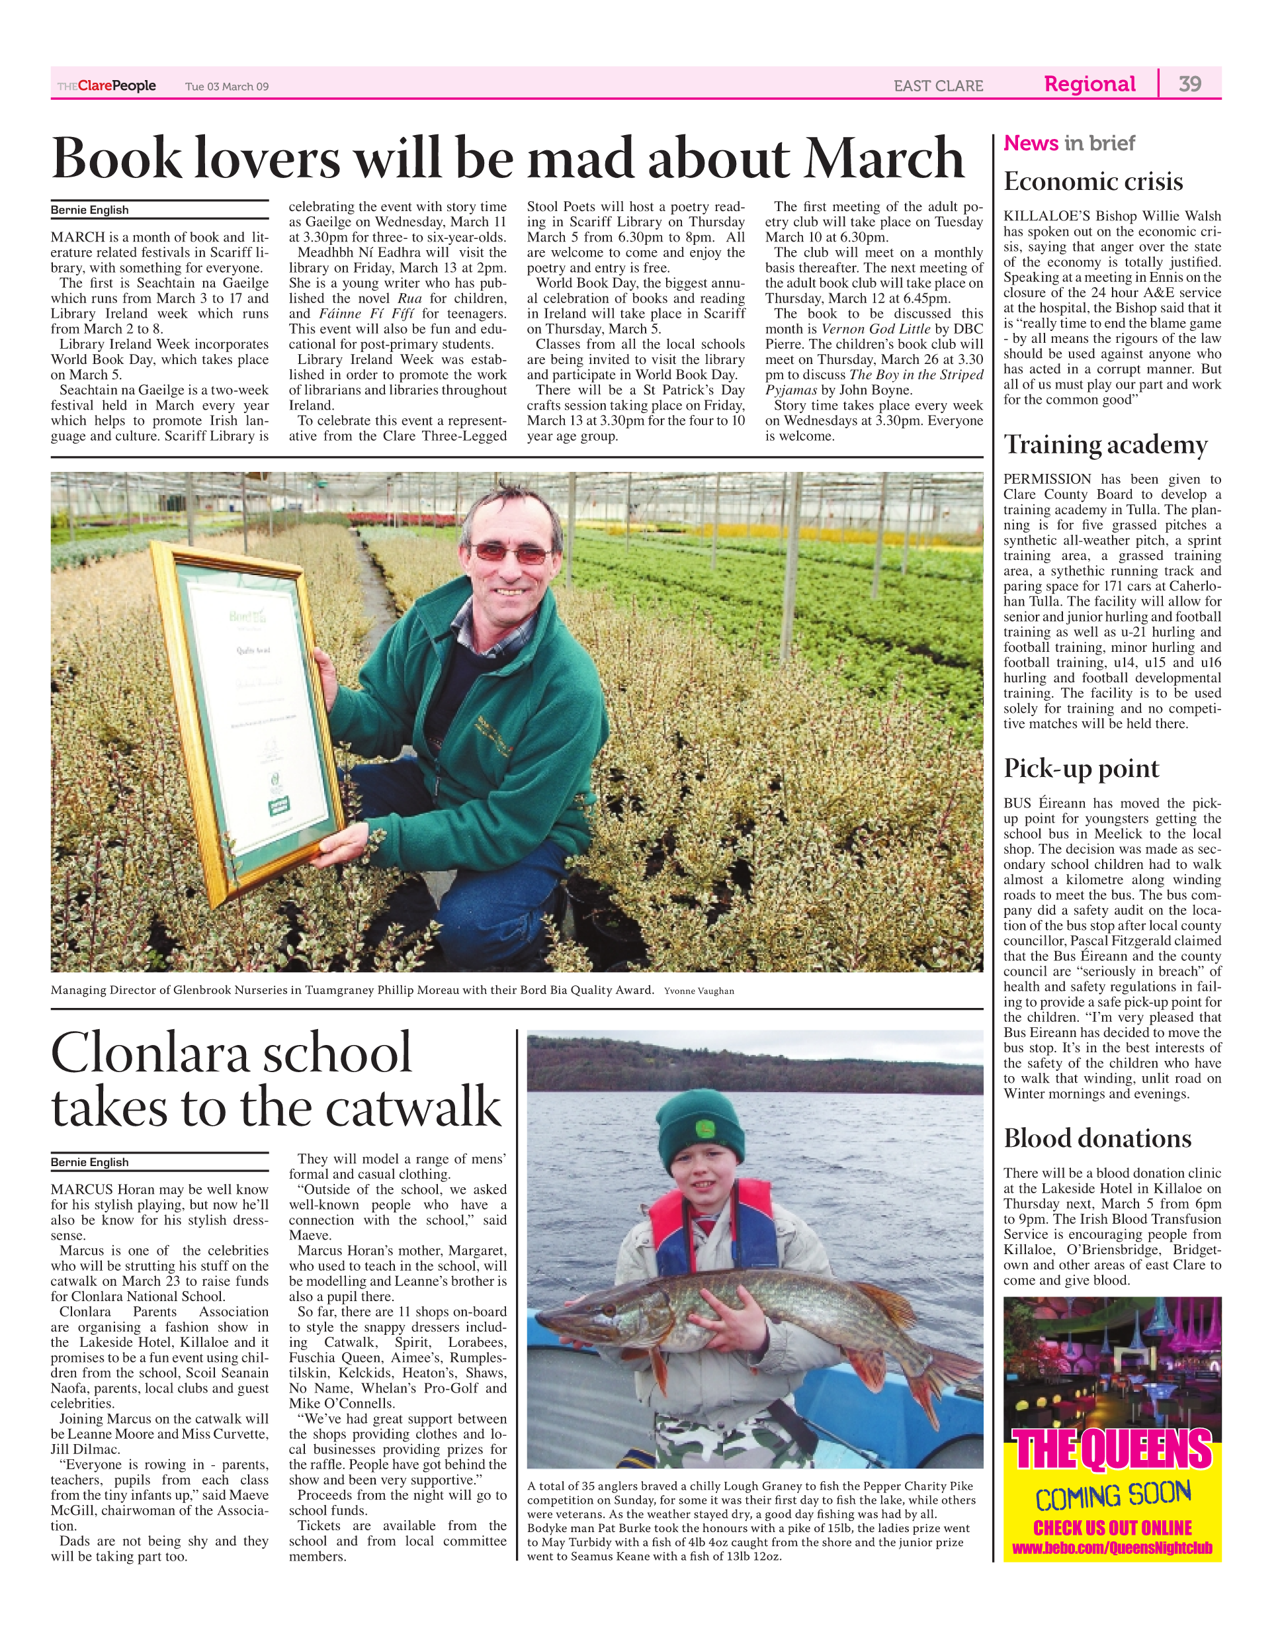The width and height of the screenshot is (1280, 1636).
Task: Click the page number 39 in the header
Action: point(1190,84)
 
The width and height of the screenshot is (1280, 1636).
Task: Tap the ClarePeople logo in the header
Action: point(107,86)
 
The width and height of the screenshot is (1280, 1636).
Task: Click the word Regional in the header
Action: point(1089,84)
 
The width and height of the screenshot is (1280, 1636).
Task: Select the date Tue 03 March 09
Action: point(226,87)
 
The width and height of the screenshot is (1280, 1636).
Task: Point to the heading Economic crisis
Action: point(1093,181)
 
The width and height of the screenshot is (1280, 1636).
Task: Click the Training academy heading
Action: point(1105,445)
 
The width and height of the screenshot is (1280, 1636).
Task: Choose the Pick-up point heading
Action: point(1081,768)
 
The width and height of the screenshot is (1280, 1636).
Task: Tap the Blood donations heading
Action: point(1097,1138)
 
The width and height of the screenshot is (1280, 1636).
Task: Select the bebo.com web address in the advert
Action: point(1112,1548)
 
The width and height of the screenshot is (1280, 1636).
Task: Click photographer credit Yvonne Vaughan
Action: point(699,991)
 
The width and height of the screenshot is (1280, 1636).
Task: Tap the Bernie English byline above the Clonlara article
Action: point(89,1162)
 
